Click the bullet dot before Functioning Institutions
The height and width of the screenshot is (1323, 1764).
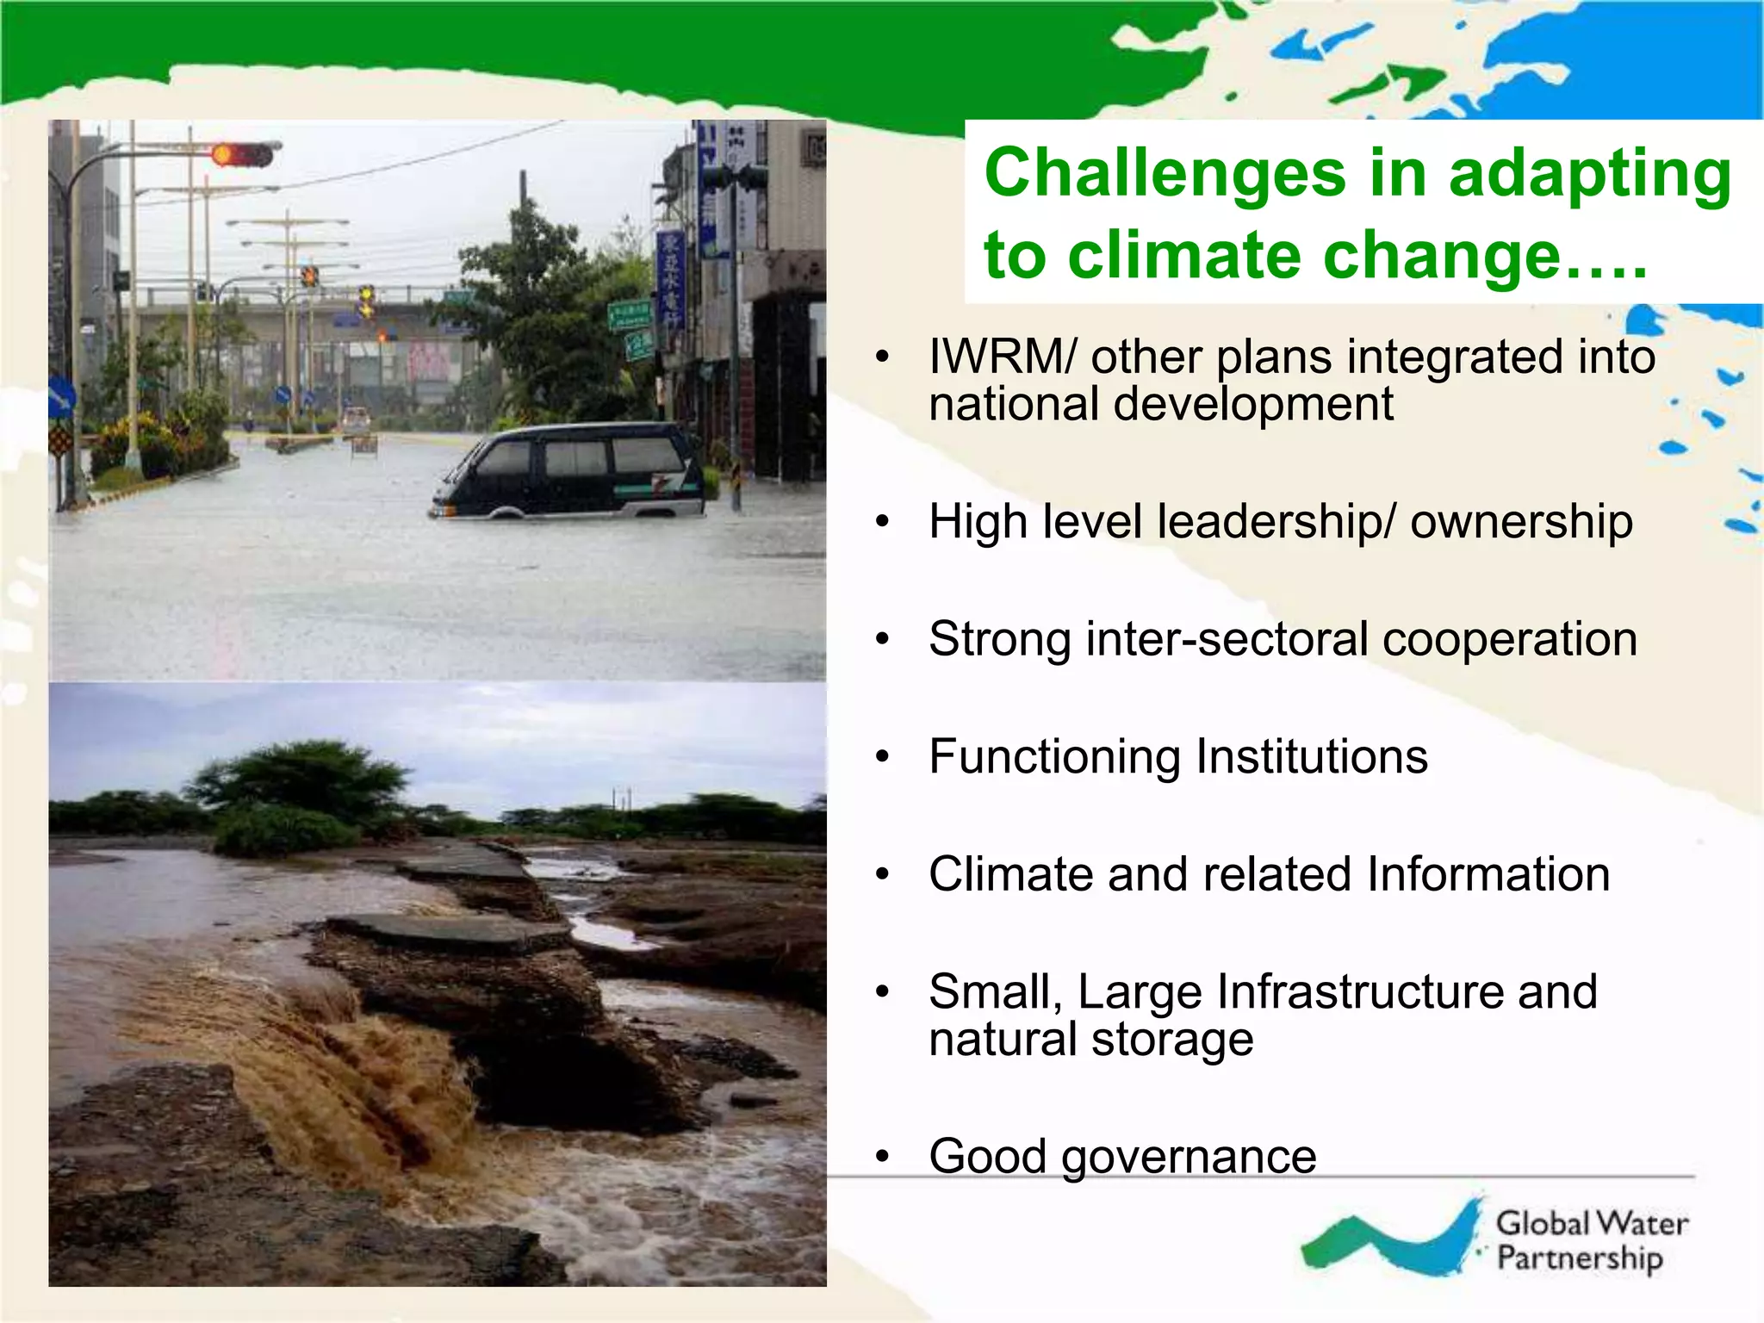[x=881, y=757]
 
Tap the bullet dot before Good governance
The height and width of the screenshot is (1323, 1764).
[x=881, y=1157]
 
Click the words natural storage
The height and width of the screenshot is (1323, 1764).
[x=1090, y=1040]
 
